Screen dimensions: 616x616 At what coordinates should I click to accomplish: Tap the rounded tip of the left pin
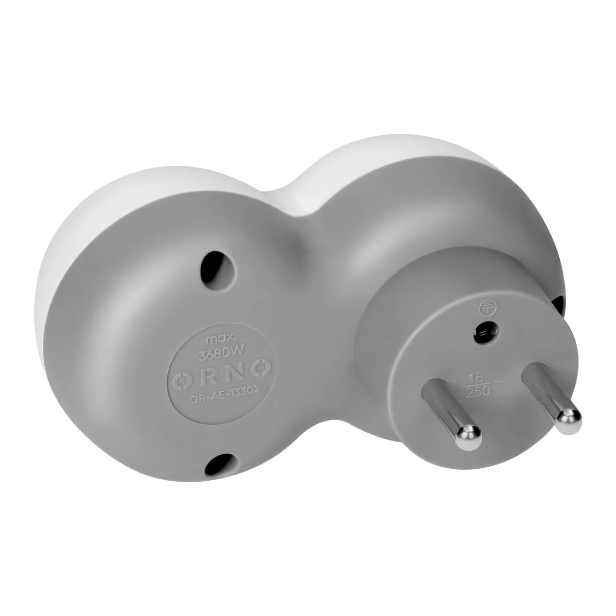[469, 437]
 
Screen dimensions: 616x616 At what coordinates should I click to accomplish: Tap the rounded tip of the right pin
[569, 421]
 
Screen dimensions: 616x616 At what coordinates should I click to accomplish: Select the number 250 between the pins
[477, 391]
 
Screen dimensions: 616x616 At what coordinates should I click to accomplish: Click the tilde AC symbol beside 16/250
[499, 381]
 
